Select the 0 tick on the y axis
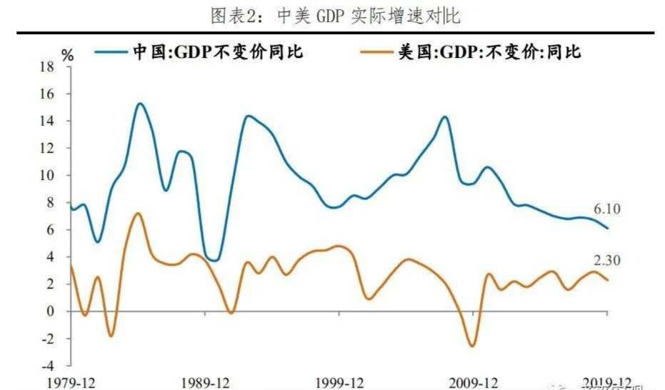[50, 311]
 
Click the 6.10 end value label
[607, 209]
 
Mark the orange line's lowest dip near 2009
[472, 346]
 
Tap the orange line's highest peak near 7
[138, 214]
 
